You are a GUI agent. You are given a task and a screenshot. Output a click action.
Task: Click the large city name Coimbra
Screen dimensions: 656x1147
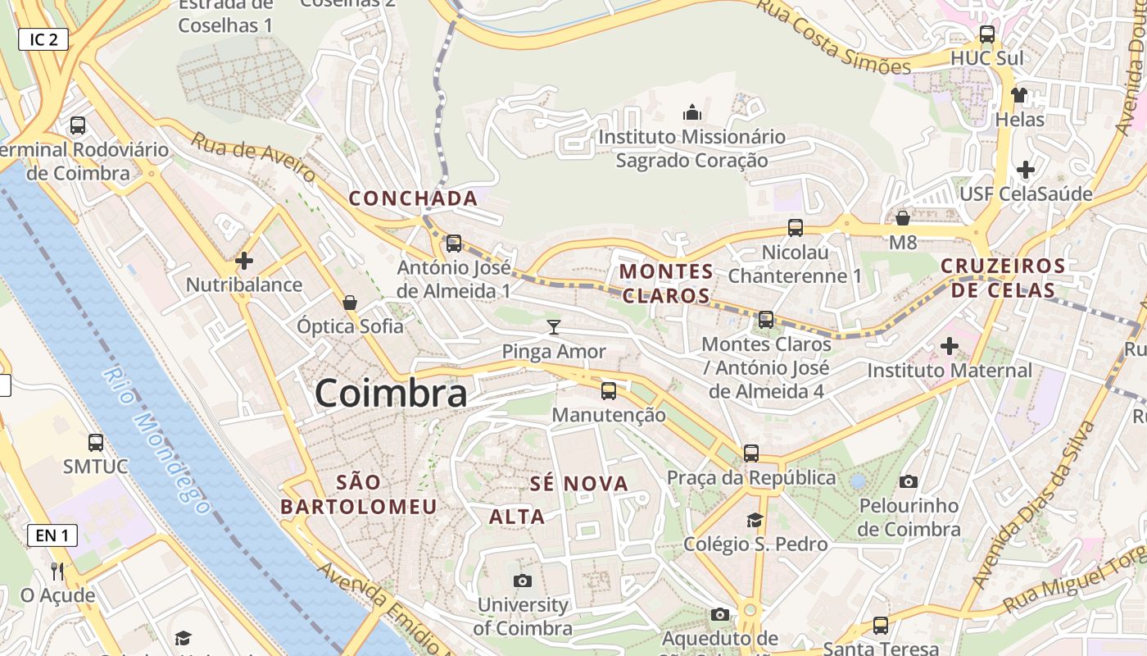(391, 393)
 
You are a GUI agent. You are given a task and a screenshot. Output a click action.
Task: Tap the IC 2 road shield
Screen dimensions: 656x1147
(43, 39)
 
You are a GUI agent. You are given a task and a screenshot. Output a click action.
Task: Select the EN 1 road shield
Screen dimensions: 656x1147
(52, 536)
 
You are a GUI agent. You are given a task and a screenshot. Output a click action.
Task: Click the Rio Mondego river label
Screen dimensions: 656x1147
(155, 440)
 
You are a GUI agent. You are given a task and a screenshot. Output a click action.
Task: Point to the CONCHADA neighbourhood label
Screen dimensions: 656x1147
(413, 198)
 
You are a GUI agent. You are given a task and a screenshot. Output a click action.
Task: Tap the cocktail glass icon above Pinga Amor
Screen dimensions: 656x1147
(554, 328)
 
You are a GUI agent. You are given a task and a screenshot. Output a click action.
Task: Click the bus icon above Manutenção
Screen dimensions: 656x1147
(608, 391)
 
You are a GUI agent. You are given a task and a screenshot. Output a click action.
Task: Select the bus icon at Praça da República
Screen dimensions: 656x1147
(750, 453)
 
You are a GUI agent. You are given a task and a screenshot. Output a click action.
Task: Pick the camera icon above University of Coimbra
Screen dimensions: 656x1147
(522, 581)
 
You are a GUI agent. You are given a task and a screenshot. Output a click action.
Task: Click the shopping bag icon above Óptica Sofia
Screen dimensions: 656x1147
(350, 303)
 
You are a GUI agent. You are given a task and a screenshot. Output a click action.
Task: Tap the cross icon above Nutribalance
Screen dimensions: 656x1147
(244, 262)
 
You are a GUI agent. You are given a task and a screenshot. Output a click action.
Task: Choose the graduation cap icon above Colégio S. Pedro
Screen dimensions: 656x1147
(755, 520)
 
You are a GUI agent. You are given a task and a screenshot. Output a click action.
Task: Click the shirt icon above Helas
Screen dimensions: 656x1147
(1018, 95)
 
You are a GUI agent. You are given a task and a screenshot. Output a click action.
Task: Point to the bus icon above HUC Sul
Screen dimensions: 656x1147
(987, 34)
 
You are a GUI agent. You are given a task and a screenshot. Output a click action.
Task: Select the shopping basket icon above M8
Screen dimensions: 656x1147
(902, 218)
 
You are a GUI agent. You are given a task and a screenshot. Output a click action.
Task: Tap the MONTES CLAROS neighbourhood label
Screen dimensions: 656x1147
(666, 283)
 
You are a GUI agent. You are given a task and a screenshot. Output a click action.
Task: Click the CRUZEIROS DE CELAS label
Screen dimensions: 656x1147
(1003, 278)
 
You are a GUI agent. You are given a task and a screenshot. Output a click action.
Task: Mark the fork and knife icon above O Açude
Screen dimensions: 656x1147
(57, 571)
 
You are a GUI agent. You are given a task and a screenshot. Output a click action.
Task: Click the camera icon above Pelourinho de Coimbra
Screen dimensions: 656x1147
(909, 481)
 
